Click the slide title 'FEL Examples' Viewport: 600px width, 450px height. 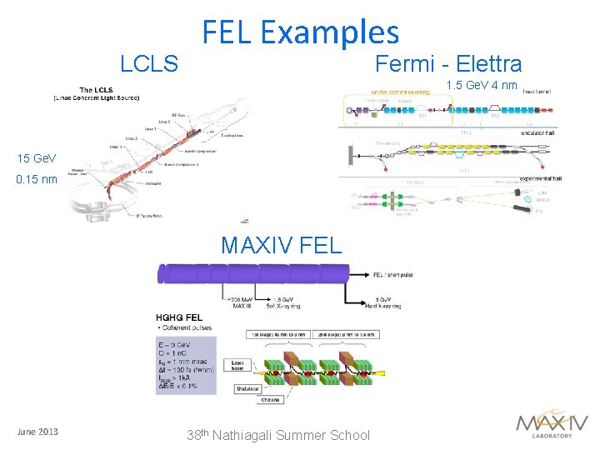point(301,32)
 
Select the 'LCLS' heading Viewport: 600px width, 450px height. point(149,63)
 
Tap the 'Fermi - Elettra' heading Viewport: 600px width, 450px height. point(448,63)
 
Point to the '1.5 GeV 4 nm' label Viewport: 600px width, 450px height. point(482,85)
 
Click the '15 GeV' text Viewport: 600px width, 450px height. point(37,158)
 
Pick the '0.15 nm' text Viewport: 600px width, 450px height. point(37,178)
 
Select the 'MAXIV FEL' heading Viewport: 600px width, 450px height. point(281,245)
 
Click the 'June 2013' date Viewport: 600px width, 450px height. point(38,431)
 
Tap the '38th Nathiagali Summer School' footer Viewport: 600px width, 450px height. point(278,434)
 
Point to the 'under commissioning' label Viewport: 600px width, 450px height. point(400,92)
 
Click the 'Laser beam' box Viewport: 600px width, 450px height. point(240,367)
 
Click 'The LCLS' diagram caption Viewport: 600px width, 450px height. point(97,90)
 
